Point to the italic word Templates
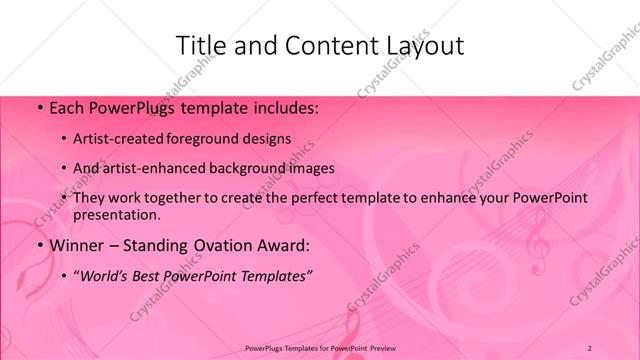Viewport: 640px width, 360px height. (276, 275)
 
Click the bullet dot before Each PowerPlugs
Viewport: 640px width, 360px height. (39, 106)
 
